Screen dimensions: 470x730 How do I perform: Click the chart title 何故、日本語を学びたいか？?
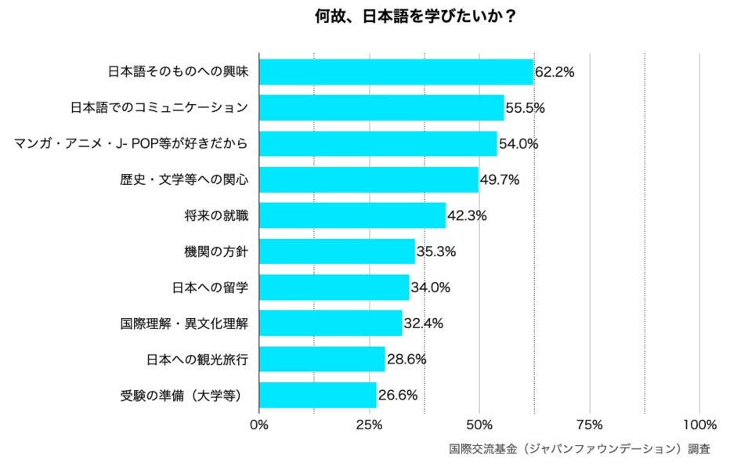[414, 16]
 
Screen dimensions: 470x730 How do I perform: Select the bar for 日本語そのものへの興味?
[396, 72]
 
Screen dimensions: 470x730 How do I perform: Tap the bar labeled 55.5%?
[381, 108]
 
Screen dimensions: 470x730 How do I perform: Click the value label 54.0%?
[519, 144]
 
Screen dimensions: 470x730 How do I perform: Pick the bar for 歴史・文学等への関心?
[368, 179]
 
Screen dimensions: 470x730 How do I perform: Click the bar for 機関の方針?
[337, 251]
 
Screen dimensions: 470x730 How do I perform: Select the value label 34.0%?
[430, 287]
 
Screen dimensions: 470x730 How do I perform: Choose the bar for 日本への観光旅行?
[322, 359]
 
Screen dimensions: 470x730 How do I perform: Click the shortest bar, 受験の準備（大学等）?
[317, 395]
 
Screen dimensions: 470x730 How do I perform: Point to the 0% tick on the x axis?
[258, 425]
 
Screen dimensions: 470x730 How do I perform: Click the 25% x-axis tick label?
[369, 425]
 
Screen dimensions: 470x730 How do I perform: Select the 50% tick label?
[479, 425]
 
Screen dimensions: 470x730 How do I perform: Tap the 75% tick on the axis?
[589, 425]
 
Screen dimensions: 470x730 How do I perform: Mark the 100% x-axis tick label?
[699, 425]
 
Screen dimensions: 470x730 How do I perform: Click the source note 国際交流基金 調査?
[580, 450]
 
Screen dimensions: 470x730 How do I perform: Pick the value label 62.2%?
[555, 72]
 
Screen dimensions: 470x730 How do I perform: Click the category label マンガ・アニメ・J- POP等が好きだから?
[132, 144]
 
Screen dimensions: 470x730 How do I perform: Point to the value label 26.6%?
[398, 395]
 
